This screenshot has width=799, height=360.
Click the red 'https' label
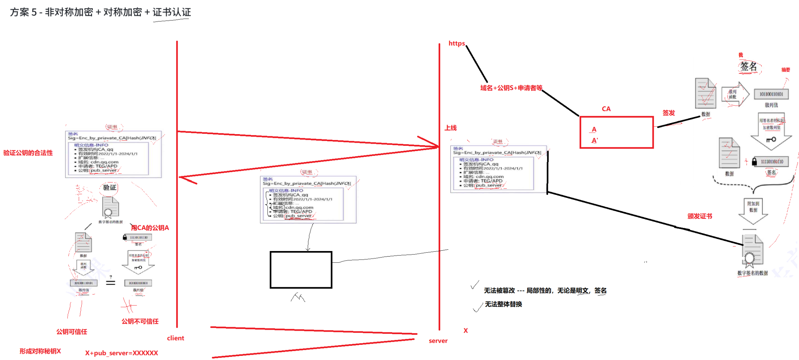point(456,43)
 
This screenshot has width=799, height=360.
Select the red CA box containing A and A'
point(616,132)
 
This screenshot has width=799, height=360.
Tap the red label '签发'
point(668,113)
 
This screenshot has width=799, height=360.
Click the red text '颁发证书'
point(700,216)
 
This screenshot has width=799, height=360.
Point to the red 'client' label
point(175,338)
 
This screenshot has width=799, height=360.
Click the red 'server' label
point(438,341)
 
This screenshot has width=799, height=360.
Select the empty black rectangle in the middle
point(301,270)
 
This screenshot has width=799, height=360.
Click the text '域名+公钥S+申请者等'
point(511,88)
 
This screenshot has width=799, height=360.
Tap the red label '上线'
point(451,128)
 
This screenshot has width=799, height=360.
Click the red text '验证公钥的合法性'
point(28,153)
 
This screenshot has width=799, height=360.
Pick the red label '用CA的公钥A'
point(150,228)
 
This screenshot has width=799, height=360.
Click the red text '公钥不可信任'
point(140,321)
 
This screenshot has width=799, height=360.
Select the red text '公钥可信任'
point(72,332)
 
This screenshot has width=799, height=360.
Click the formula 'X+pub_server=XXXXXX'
point(121,353)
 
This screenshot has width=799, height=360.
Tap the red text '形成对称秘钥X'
point(40,351)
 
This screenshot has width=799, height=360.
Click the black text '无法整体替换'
point(503,304)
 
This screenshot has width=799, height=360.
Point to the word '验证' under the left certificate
point(109,188)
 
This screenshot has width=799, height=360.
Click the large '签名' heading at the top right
point(748,66)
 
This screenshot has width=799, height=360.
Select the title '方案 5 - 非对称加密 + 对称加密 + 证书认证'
point(100,12)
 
